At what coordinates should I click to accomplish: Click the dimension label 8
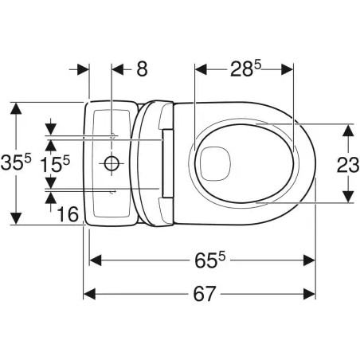[x=142, y=69]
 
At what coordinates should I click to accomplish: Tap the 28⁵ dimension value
[x=245, y=68]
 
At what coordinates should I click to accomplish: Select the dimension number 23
[x=348, y=165]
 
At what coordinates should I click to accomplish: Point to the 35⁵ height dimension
[x=16, y=162]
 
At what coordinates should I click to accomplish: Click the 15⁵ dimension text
[x=55, y=164]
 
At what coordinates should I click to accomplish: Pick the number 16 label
[x=68, y=214]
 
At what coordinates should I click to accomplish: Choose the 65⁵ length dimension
[x=209, y=260]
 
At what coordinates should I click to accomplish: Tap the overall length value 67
[x=204, y=294]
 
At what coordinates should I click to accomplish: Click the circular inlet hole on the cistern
[x=112, y=163]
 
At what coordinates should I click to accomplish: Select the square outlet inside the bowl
[x=214, y=163]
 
